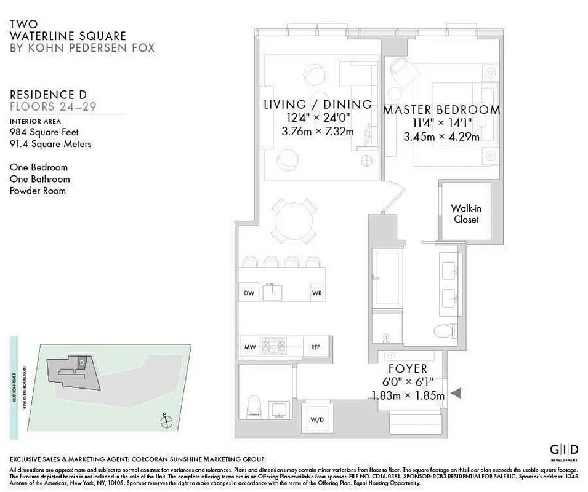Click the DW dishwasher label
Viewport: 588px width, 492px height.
(249, 293)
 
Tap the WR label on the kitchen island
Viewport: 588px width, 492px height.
(317, 293)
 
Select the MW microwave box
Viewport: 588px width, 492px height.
(249, 347)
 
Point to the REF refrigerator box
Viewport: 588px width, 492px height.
(315, 347)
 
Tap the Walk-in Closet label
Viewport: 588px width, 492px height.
(465, 214)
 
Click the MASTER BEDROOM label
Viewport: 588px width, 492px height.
(441, 110)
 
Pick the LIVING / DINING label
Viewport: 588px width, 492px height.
(317, 105)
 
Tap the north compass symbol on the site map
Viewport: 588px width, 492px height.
(164, 422)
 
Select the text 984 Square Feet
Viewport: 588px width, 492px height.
(44, 132)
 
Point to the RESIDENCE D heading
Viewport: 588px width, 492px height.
(48, 95)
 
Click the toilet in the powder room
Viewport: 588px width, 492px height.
(254, 407)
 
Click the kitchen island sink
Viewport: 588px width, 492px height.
(272, 291)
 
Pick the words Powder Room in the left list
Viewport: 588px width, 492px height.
(38, 191)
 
